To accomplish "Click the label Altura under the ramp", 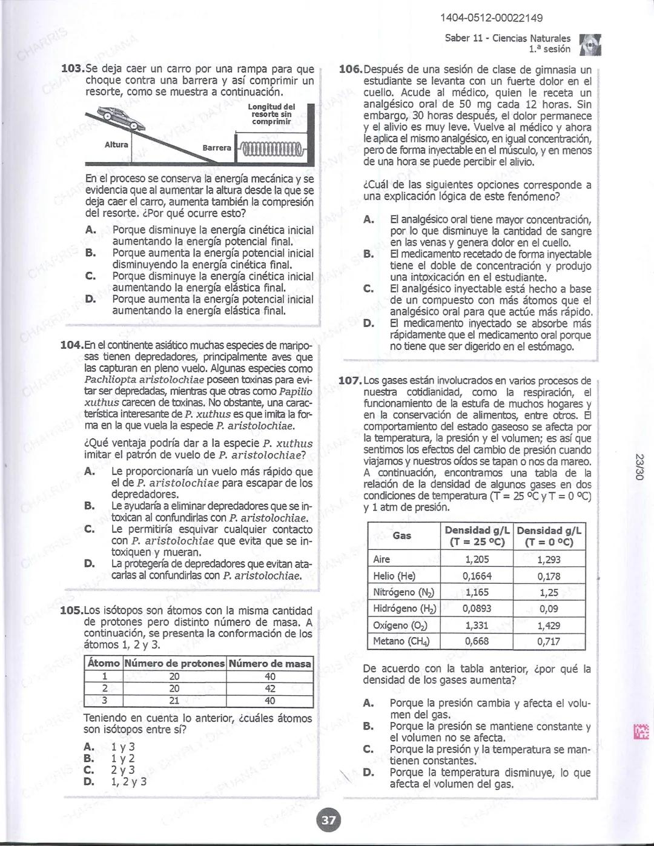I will (x=116, y=145).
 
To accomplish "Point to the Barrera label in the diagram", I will (x=217, y=148).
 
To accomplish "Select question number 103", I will (x=73, y=69).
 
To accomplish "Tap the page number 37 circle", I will (x=328, y=821).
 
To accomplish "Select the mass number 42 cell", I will (x=270, y=689).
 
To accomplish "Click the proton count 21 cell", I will (x=174, y=701).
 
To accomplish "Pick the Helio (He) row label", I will (x=394, y=576).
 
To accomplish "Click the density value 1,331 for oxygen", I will (x=477, y=626).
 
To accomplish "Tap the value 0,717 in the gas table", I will (x=549, y=641).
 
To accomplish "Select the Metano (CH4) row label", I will (x=397, y=641).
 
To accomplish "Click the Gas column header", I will (x=402, y=535).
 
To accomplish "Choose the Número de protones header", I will (x=174, y=664).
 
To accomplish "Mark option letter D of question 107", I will (x=368, y=773).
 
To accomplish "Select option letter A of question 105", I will (x=89, y=747).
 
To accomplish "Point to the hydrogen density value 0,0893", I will (x=477, y=609).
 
